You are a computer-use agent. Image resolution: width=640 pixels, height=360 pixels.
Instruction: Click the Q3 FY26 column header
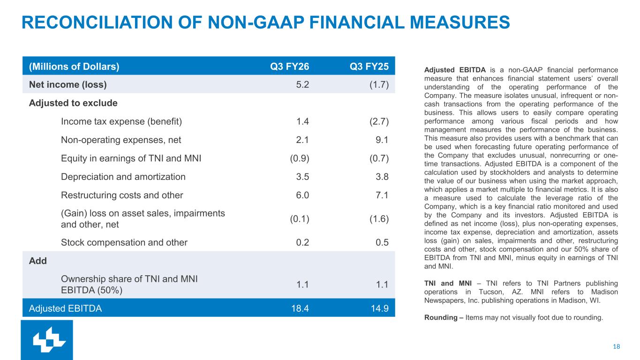coord(289,67)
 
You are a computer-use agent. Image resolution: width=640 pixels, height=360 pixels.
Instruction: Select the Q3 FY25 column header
coord(369,67)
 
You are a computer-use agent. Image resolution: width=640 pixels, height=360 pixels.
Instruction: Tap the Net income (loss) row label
coord(68,84)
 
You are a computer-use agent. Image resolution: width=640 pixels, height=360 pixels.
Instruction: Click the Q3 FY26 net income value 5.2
coord(302,84)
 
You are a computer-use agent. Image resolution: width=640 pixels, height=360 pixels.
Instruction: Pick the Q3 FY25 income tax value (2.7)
coord(379,121)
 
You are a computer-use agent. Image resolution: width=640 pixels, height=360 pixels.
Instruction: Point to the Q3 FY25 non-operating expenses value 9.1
coord(382,140)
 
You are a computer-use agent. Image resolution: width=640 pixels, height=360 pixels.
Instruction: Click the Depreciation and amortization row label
coord(123,177)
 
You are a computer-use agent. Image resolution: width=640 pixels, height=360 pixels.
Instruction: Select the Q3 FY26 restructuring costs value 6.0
coord(302,195)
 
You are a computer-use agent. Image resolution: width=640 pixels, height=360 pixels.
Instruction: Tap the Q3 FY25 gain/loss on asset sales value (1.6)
coord(379,219)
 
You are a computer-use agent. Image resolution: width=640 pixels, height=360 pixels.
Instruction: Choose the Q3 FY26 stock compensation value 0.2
coord(302,242)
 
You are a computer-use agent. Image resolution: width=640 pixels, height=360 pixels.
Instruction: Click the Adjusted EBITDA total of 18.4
coord(300,308)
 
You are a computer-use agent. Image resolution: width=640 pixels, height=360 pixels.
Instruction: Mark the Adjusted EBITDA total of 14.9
coord(380,308)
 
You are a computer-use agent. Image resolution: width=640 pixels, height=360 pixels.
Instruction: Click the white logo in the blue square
coord(49,339)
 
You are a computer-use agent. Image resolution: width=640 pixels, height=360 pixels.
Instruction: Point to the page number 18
coord(616,346)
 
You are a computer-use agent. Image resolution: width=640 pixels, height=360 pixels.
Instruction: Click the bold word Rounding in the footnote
coord(441,317)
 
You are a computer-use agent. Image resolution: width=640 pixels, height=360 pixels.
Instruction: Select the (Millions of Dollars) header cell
coord(74,67)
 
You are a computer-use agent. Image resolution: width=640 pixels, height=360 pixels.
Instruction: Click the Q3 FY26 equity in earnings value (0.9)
coord(300,158)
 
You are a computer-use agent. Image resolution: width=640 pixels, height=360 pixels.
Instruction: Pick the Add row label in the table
coord(38,261)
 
